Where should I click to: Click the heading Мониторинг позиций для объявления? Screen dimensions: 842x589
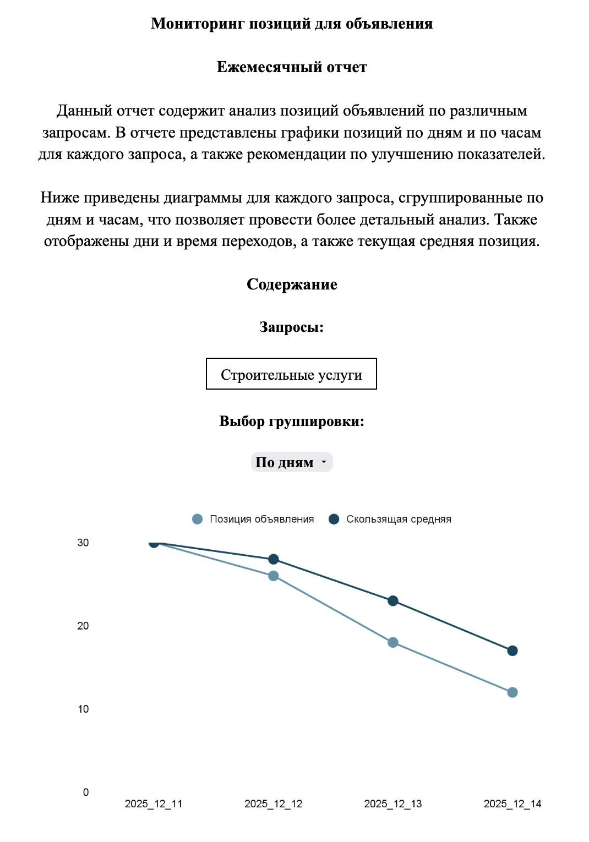(x=292, y=24)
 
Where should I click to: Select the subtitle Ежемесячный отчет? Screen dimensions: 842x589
(x=292, y=67)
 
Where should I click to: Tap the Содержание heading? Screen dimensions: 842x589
(x=292, y=285)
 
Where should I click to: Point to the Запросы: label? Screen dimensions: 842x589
(x=292, y=327)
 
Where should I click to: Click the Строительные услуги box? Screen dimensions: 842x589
(x=291, y=374)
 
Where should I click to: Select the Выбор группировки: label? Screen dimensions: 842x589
(x=292, y=422)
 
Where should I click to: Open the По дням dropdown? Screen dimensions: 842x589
(x=292, y=462)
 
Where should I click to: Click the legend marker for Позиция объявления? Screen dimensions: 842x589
(x=197, y=519)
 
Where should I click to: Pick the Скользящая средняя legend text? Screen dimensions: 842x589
(x=399, y=519)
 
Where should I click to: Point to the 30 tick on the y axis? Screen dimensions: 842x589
(x=83, y=543)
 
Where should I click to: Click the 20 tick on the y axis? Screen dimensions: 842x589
(x=83, y=626)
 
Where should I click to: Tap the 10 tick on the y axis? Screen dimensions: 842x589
(x=83, y=709)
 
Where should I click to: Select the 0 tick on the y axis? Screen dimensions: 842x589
(x=86, y=792)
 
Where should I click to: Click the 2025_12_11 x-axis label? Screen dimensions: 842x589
(x=154, y=804)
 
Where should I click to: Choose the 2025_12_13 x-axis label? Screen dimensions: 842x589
(x=393, y=804)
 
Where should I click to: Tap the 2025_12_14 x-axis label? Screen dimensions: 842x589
(x=512, y=804)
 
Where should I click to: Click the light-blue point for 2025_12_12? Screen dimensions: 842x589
(x=274, y=576)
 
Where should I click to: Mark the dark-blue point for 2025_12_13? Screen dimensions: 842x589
(x=393, y=601)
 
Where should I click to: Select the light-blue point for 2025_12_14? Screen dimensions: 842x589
(x=512, y=692)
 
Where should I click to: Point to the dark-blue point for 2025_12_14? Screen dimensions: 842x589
(x=512, y=651)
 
